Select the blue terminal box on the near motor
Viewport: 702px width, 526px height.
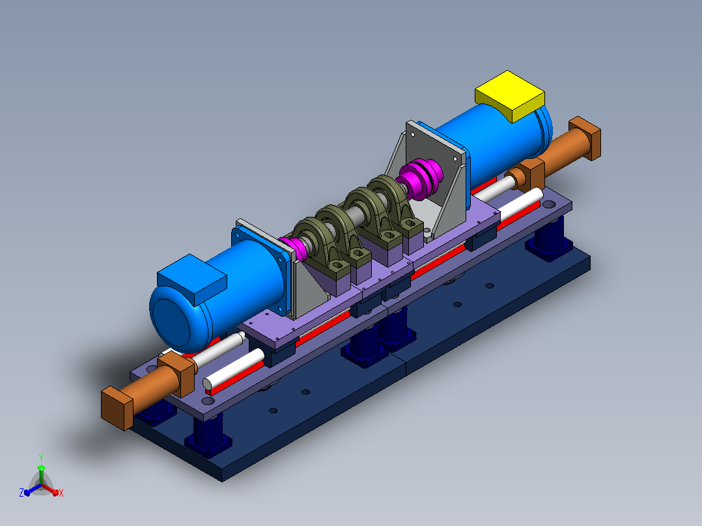[x=191, y=279]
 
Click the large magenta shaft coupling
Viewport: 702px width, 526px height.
[x=419, y=179]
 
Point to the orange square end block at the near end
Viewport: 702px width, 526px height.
[x=117, y=408]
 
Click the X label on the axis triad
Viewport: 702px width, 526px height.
[x=61, y=493]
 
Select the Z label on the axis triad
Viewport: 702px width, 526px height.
[x=21, y=492]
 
